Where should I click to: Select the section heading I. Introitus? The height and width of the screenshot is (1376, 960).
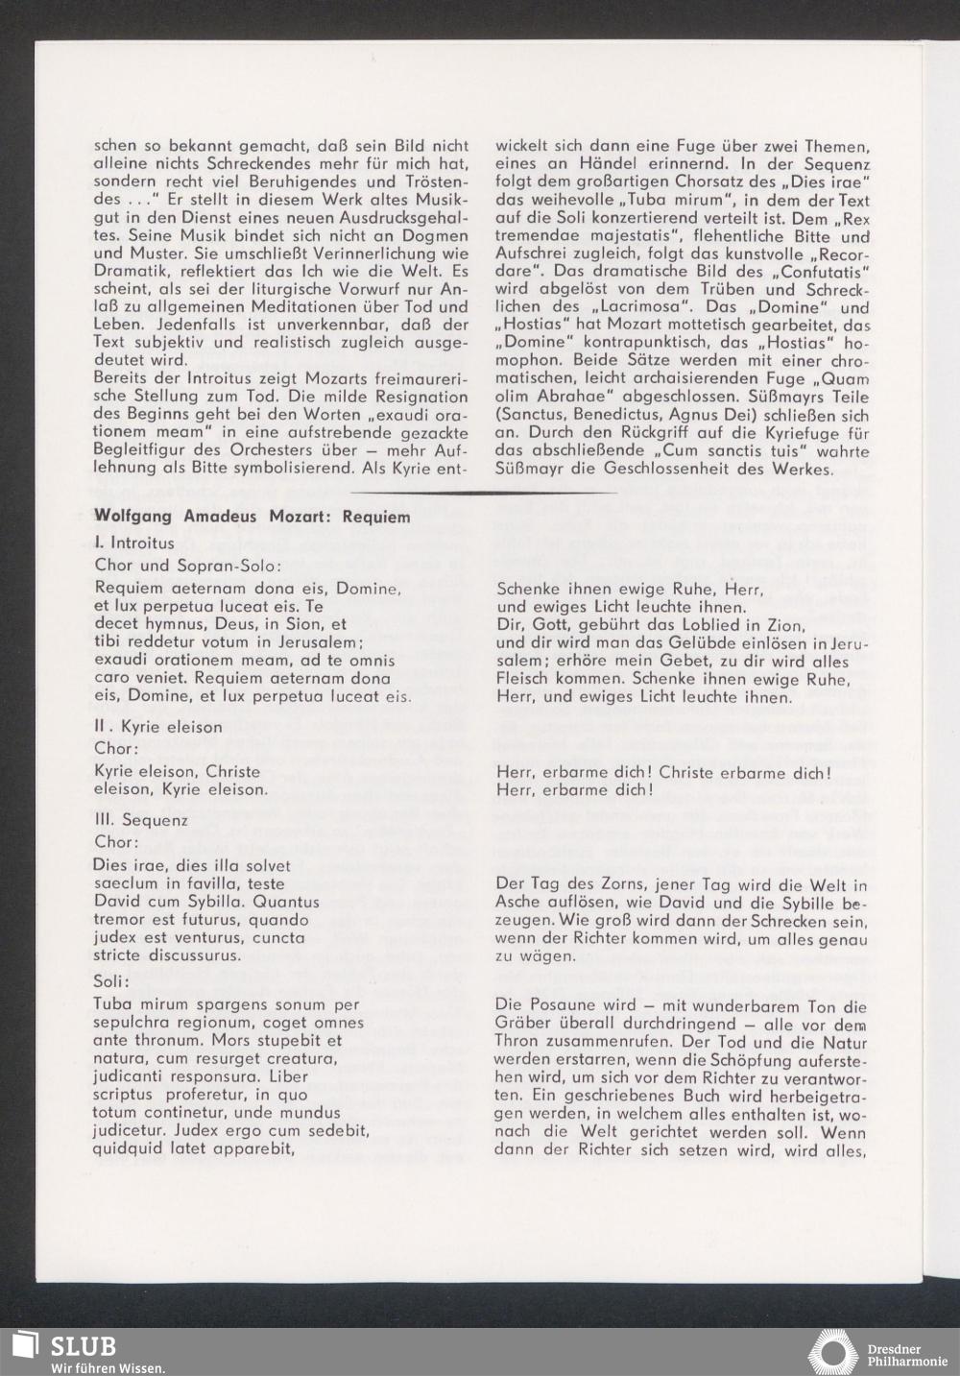pos(134,543)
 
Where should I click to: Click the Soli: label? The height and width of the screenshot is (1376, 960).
pos(111,983)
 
